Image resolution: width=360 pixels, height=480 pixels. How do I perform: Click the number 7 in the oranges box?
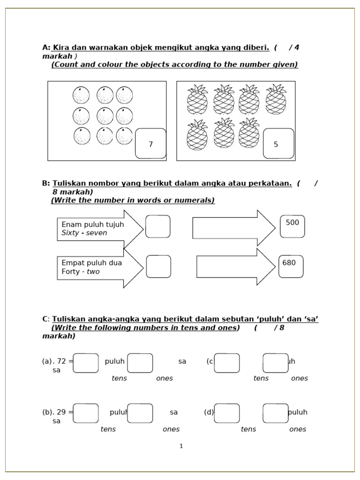coord(150,144)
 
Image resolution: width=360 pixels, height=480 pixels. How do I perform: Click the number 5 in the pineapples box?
coord(276,144)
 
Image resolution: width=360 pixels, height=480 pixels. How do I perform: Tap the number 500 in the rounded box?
coord(292,223)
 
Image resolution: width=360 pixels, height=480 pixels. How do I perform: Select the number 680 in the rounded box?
coord(289,263)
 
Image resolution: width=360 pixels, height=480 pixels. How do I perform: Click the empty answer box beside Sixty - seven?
coord(158,226)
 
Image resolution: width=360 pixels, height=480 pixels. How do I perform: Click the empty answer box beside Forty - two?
coord(158,266)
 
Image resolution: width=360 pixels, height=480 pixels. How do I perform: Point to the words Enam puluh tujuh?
coord(93,225)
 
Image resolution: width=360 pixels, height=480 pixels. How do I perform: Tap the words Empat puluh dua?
coord(91,262)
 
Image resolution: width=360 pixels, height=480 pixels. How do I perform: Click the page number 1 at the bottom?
coord(181,446)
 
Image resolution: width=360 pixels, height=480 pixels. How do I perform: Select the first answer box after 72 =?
coord(86,363)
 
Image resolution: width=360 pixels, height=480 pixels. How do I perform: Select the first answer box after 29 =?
coord(86,413)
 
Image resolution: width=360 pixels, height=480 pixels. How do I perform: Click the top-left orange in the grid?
coord(81,96)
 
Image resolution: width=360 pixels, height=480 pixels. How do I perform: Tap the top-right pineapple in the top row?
coord(276,99)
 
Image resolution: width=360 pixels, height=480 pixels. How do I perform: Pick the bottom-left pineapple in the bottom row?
coord(197,135)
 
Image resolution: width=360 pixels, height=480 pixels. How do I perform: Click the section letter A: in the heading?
coord(46,47)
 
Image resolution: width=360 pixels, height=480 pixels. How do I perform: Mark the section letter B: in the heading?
coord(46,183)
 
